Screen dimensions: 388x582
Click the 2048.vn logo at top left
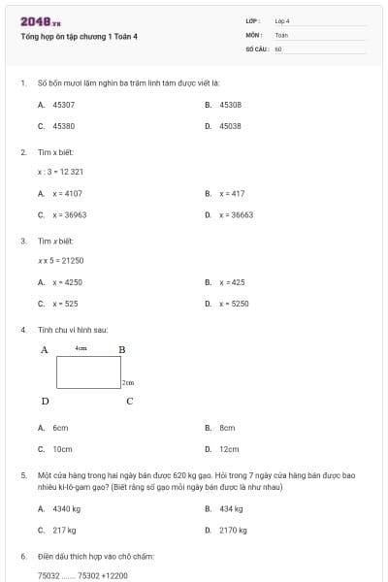pos(41,21)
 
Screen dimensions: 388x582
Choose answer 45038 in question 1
pos(230,126)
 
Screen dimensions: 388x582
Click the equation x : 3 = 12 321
pos(60,172)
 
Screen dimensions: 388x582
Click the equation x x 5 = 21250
pos(61,260)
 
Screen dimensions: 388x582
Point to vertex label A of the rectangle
pos(45,349)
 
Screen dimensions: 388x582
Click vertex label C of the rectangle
pos(129,401)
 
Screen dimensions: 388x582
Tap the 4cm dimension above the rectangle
pos(81,347)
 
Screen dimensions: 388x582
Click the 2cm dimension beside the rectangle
pos(127,383)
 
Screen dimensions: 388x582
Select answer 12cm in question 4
pos(229,449)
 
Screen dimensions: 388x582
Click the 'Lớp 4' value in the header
pos(282,20)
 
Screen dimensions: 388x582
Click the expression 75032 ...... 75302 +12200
pos(82,576)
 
